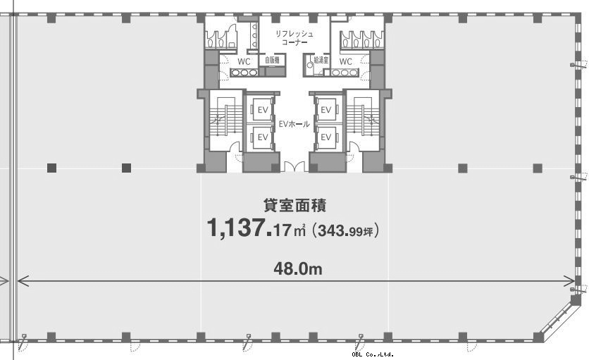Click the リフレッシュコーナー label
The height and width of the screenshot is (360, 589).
click(294, 38)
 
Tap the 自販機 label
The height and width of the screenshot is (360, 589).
click(272, 60)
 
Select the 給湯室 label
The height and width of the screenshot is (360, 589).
click(321, 60)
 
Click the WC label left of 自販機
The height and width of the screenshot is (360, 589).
click(244, 61)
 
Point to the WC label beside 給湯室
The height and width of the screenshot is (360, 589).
click(346, 61)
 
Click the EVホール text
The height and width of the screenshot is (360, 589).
click(294, 123)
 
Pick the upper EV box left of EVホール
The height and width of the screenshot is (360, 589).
click(263, 109)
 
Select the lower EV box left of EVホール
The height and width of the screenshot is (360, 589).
click(263, 137)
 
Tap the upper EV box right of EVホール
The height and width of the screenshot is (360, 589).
click(326, 109)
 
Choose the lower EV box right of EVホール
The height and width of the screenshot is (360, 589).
click(326, 137)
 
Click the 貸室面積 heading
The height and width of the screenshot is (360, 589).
click(295, 205)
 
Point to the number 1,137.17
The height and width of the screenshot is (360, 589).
click(249, 228)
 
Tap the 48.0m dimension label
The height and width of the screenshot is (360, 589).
click(298, 269)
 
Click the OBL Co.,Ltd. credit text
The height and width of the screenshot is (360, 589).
click(373, 354)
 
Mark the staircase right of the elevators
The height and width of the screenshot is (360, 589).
click(363, 120)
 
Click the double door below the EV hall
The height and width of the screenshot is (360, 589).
click(294, 167)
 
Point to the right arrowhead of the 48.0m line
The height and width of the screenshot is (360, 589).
click(570, 280)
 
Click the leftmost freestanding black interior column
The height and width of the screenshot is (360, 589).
click(52, 168)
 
